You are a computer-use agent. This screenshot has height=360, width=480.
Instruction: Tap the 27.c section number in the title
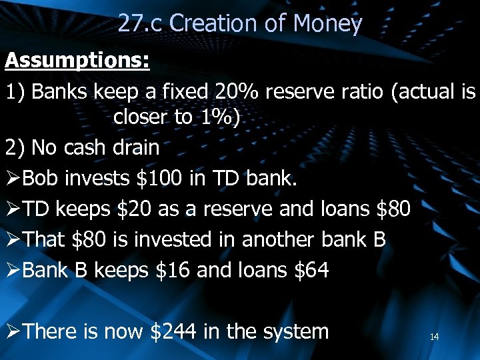141,24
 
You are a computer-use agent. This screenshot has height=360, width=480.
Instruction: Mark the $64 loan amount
311,271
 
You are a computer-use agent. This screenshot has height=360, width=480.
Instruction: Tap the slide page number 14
434,337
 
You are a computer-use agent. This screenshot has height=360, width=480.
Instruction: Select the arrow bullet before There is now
13,331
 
